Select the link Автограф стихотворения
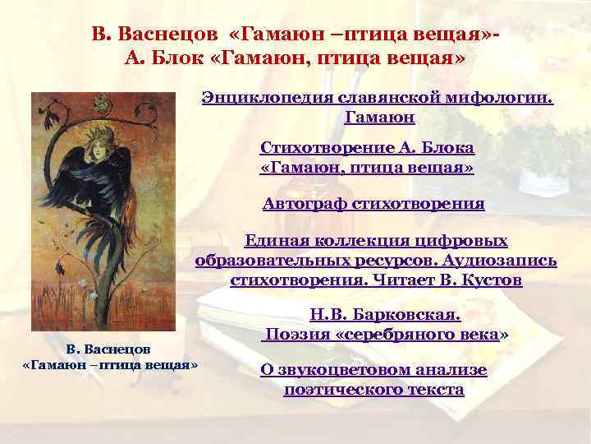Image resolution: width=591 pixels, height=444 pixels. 373,203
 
